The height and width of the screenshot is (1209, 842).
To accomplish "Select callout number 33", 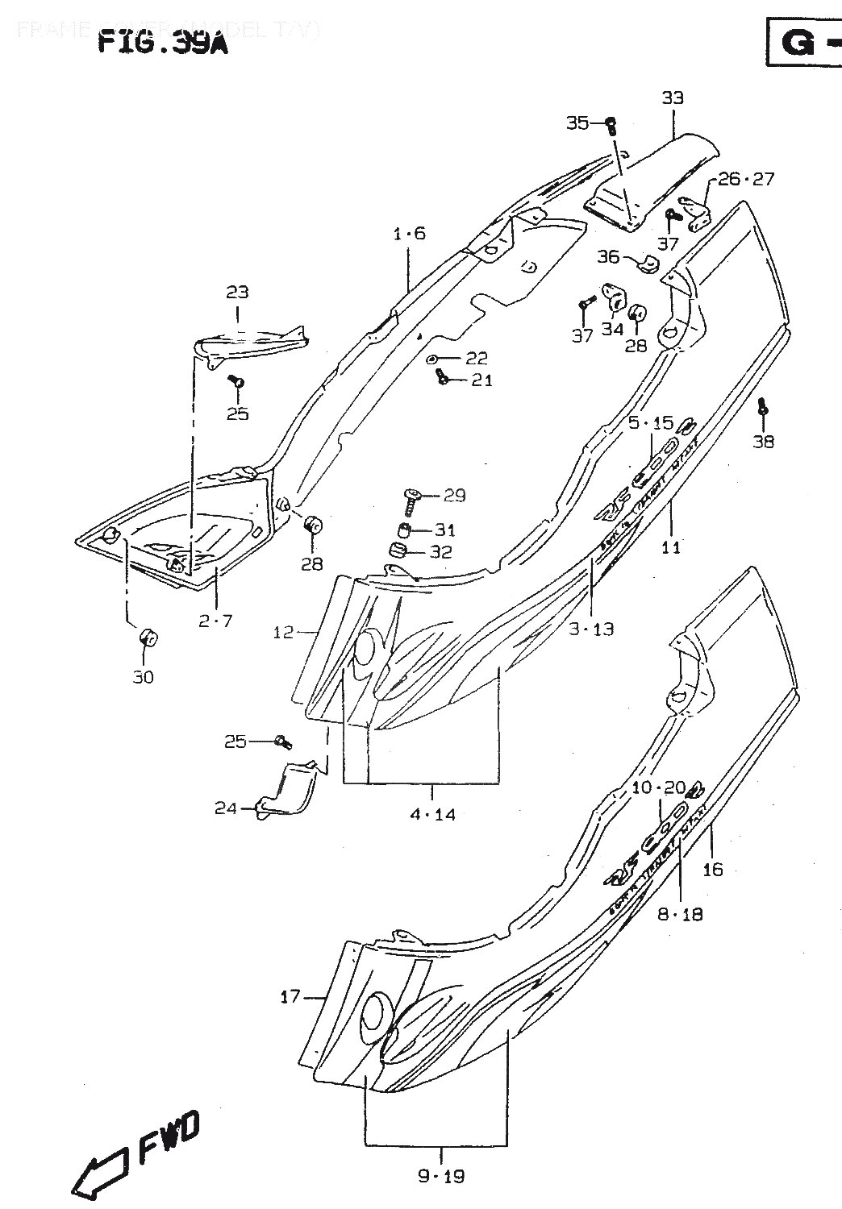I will click(673, 98).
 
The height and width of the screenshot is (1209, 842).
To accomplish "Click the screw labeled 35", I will click(611, 124).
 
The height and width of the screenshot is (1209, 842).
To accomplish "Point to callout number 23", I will click(237, 292).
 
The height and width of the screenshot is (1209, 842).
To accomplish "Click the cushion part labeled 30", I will click(148, 638).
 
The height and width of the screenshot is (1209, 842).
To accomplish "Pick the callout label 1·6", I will click(409, 234).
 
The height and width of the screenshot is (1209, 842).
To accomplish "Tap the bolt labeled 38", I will click(762, 410).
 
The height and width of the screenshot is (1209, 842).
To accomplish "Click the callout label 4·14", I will click(432, 814).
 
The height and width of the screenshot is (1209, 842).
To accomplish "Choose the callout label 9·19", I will click(442, 1177).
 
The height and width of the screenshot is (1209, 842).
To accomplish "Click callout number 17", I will click(290, 997).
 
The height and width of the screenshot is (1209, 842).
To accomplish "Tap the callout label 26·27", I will click(745, 178).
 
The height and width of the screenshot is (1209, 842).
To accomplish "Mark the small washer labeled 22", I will click(433, 358).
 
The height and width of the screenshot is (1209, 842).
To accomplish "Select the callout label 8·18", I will click(681, 913).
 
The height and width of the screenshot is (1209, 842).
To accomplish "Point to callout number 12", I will click(283, 633).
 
